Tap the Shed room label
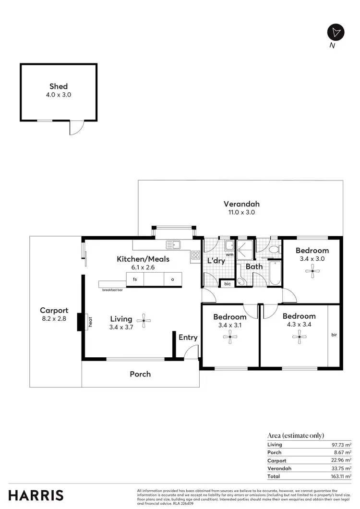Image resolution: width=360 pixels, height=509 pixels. tap(59, 86)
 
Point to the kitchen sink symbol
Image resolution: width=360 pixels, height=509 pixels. tap(173, 245)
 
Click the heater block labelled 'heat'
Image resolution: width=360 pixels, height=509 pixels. tap(80, 322)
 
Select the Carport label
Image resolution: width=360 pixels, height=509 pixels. tap(54, 310)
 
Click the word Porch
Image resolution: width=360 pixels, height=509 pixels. tap(140, 374)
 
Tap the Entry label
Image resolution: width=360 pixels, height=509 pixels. tap(188, 338)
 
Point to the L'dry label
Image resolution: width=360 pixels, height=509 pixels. tap(216, 261)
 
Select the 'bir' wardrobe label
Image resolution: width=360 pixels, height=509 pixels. tap(334, 335)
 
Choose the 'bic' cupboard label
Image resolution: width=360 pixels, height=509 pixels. tap(228, 284)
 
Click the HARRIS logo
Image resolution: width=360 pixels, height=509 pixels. tap(36, 495)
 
